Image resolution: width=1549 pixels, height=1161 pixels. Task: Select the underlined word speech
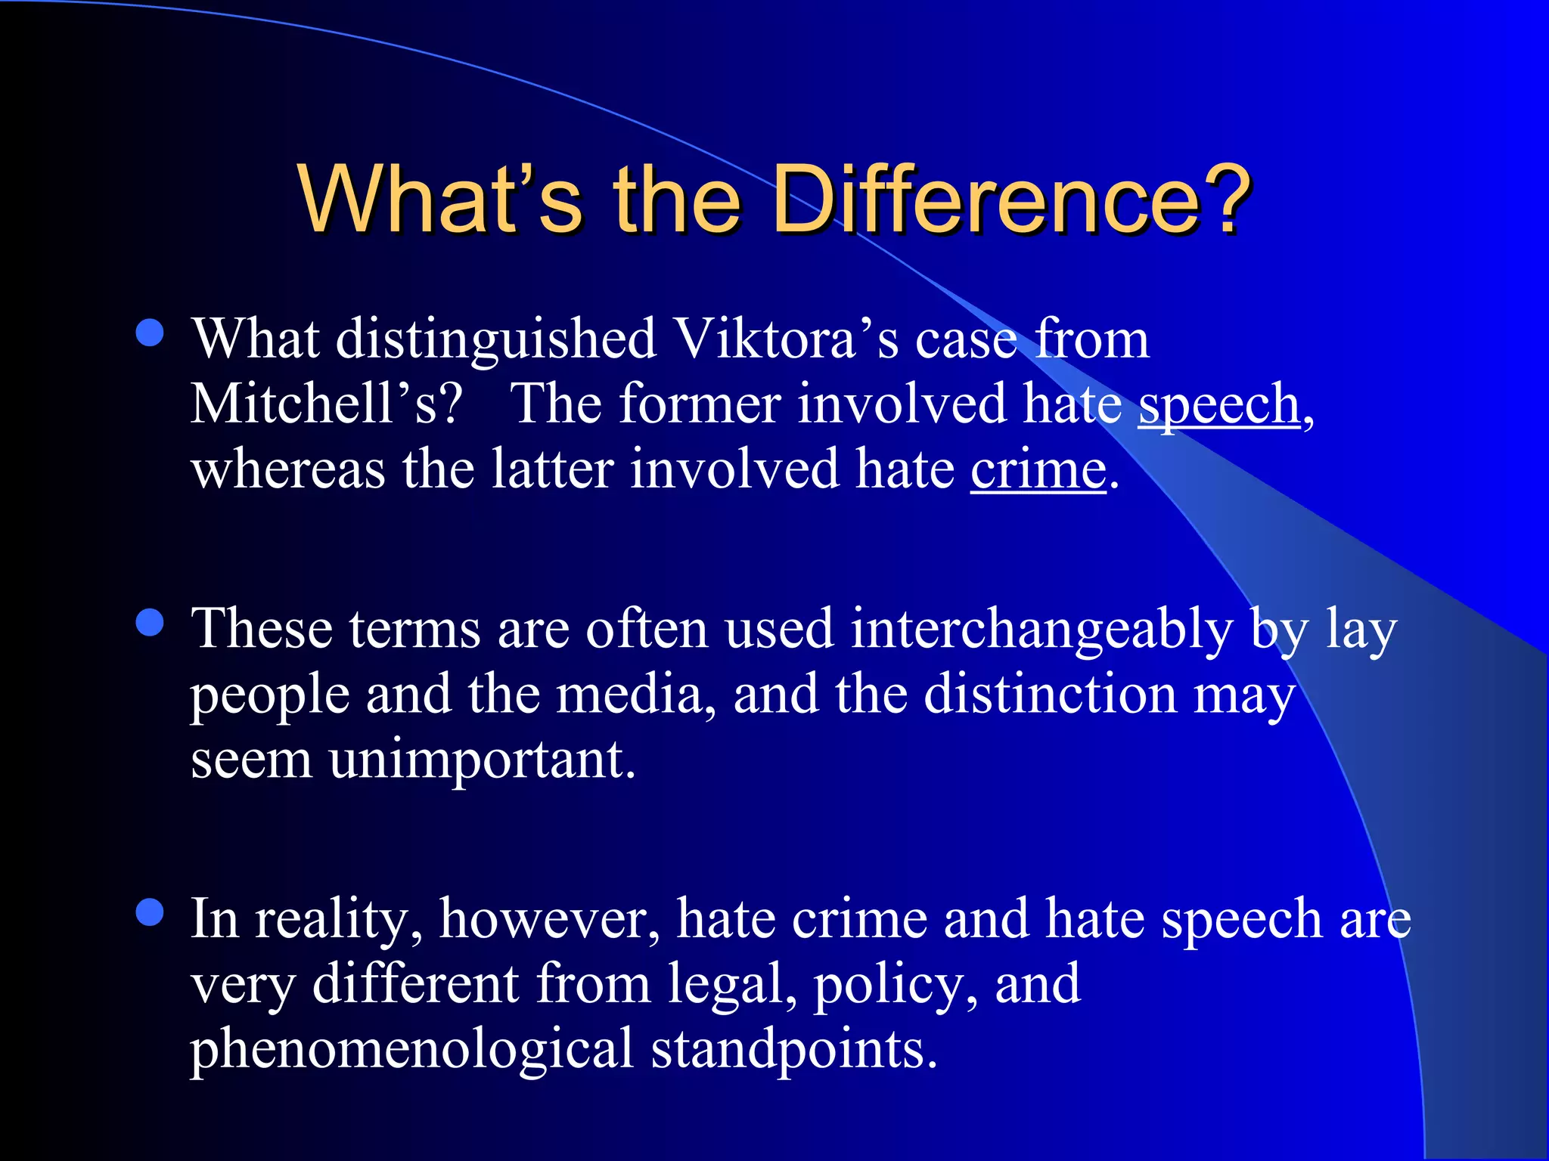point(1218,404)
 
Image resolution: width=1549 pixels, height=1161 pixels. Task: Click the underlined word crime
point(1038,470)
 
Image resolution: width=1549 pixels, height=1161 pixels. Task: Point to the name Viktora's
point(786,339)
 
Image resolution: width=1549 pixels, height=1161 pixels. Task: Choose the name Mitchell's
point(326,404)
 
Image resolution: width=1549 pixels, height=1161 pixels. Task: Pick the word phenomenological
point(411,1051)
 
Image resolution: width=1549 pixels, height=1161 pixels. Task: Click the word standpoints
point(793,1051)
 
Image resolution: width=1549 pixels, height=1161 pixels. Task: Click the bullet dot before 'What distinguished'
point(151,333)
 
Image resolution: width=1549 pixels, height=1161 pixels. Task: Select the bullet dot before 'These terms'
point(151,623)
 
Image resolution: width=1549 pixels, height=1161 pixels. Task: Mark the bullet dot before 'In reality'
point(151,912)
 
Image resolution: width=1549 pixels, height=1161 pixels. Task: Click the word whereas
point(288,470)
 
